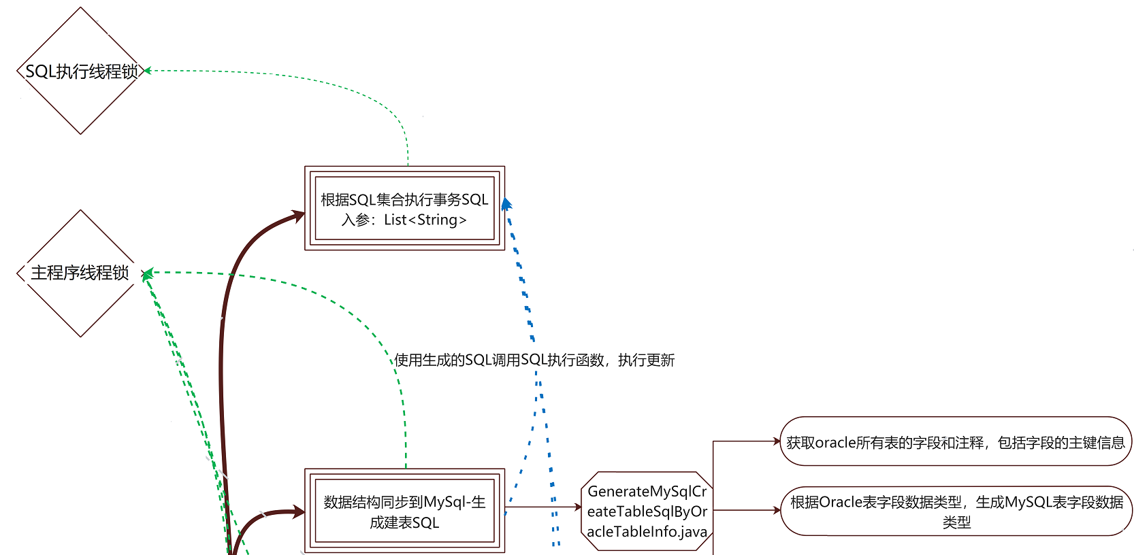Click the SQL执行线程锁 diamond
tap(81, 71)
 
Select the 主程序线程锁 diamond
tap(80, 273)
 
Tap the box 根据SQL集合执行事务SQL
tap(404, 208)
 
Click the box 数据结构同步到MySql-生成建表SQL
tap(404, 511)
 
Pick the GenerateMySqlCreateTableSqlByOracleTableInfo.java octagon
tap(647, 511)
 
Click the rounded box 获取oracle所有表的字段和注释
tap(956, 442)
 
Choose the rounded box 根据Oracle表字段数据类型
tap(956, 511)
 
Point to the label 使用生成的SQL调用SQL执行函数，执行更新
tap(534, 360)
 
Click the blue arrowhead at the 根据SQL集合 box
tap(506, 203)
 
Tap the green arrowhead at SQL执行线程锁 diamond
tap(147, 70)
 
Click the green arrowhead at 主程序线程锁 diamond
tap(146, 273)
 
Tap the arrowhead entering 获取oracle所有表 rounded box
tap(777, 441)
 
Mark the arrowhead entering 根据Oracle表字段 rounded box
tap(777, 510)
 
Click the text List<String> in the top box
tap(425, 220)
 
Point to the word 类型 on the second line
tap(956, 522)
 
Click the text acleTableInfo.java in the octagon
tap(647, 532)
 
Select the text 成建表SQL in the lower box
tap(404, 522)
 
